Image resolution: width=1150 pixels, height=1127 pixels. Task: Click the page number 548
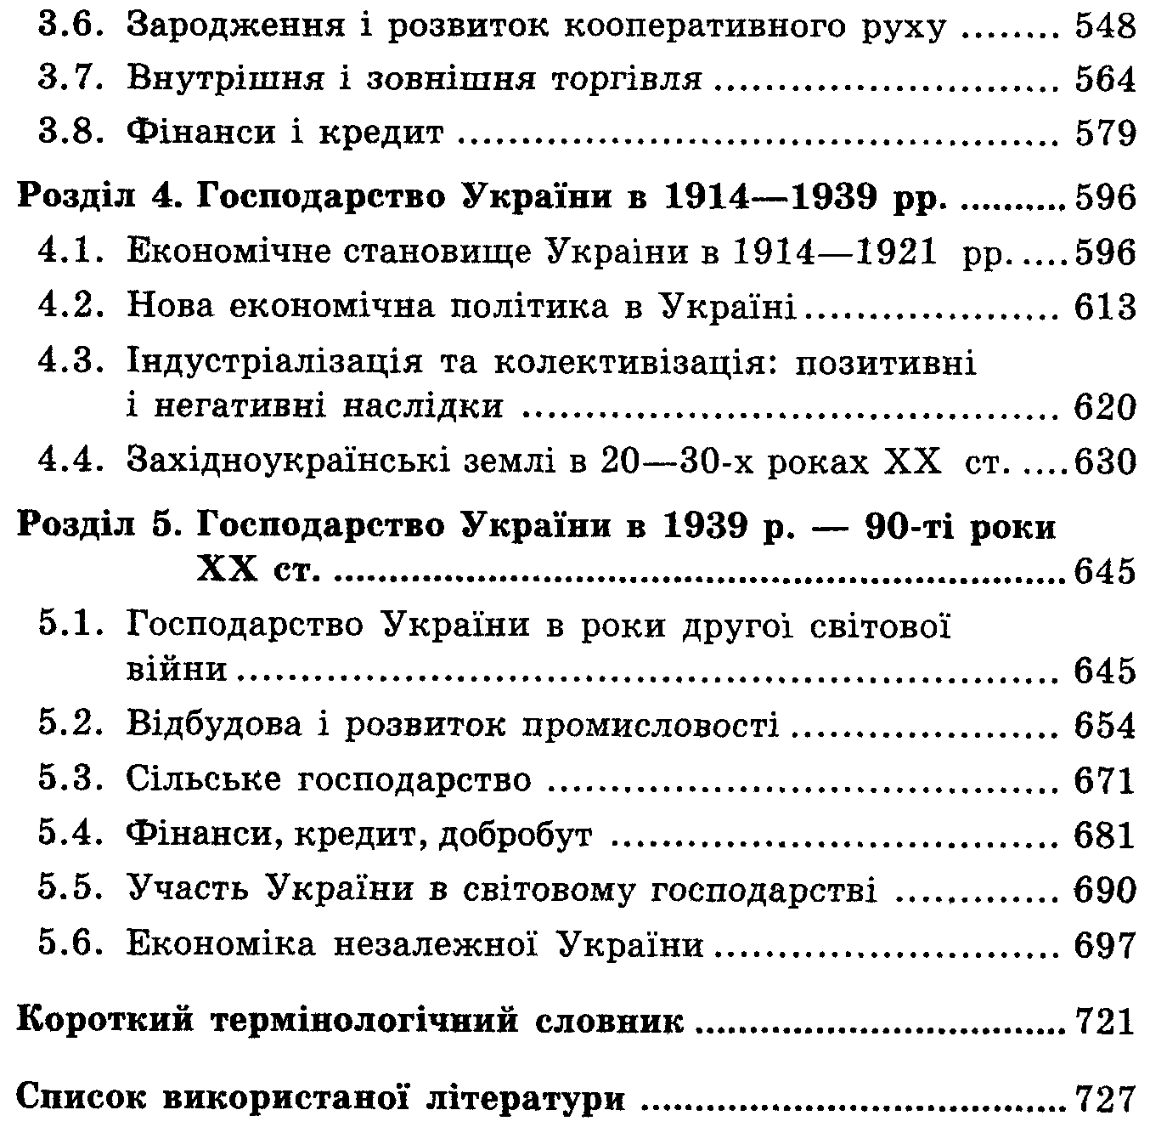(1104, 27)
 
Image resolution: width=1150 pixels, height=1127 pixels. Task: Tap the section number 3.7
(73, 79)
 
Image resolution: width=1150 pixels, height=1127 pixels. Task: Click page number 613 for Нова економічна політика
(1104, 307)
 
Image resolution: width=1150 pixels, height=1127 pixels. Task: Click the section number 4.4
(73, 462)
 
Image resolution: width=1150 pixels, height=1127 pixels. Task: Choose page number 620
(1104, 408)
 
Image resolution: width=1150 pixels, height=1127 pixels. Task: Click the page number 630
(1104, 462)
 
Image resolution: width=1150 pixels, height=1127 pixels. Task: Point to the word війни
(177, 670)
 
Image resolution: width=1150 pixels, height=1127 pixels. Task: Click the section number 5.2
(73, 725)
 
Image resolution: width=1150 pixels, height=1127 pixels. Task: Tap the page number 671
(1104, 779)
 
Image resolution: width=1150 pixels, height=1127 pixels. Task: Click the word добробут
(515, 835)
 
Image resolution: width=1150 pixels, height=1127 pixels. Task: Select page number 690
(1104, 890)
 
